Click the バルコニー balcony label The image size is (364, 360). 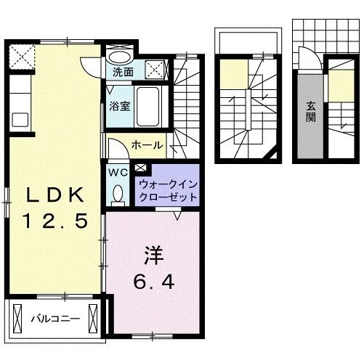click(54, 319)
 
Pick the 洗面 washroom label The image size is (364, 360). click(122, 73)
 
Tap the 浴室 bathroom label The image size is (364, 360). click(120, 106)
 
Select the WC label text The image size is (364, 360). click(118, 172)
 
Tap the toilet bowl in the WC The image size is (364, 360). click(118, 192)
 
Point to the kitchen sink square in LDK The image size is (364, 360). click(19, 118)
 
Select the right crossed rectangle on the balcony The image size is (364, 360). click(92, 318)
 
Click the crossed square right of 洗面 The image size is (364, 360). click(154, 70)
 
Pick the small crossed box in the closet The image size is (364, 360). click(140, 171)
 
